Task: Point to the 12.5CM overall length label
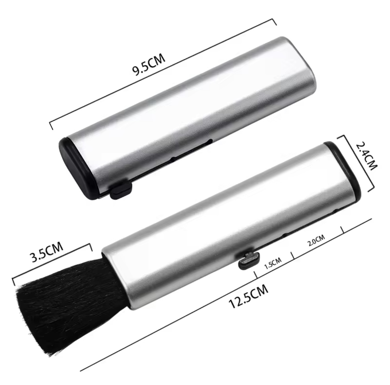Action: coord(248,296)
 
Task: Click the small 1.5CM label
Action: coord(273,263)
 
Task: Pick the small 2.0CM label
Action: coord(317,240)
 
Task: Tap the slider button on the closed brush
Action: coord(121,191)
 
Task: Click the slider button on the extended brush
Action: coord(249,260)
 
